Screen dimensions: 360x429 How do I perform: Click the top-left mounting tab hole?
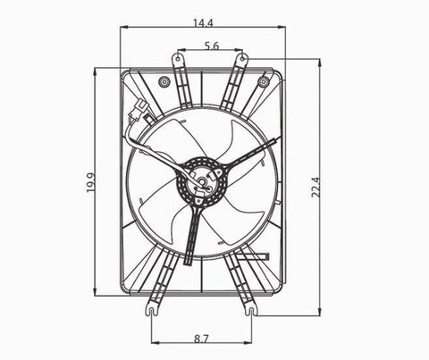[178, 60]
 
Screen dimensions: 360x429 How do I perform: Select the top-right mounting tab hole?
[241, 60]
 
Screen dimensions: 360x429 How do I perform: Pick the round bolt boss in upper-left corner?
[164, 82]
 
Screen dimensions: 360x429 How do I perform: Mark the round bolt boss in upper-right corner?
[263, 82]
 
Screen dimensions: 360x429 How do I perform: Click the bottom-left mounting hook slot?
[152, 310]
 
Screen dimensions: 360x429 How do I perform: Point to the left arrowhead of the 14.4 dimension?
[122, 27]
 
